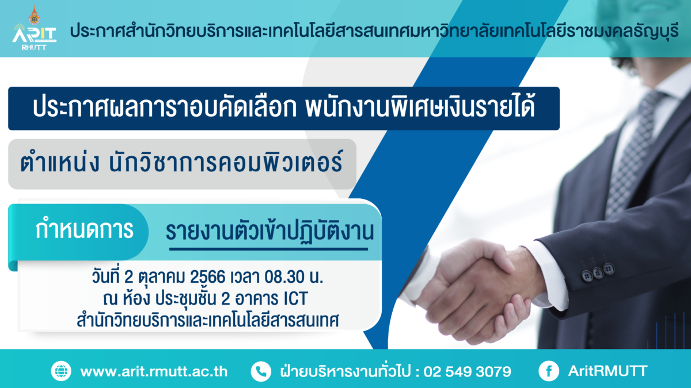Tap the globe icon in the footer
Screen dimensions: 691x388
pyautogui.click(x=61, y=371)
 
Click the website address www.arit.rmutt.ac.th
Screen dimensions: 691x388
pyautogui.click(x=154, y=372)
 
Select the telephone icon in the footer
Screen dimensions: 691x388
pyautogui.click(x=261, y=371)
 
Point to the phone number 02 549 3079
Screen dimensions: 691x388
pyautogui.click(x=468, y=372)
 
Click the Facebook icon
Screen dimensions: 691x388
pyautogui.click(x=549, y=371)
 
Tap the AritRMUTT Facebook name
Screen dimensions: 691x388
pyautogui.click(x=608, y=371)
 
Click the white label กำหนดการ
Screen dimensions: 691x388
pyautogui.click(x=84, y=229)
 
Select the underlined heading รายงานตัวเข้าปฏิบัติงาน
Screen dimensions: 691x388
pyautogui.click(x=270, y=232)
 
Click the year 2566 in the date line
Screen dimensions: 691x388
pyautogui.click(x=208, y=277)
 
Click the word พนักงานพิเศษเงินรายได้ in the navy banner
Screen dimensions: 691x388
pyautogui.click(x=420, y=107)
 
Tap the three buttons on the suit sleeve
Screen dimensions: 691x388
pyautogui.click(x=598, y=271)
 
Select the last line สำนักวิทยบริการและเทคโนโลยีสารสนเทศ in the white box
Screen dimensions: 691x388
pyautogui.click(x=208, y=320)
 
